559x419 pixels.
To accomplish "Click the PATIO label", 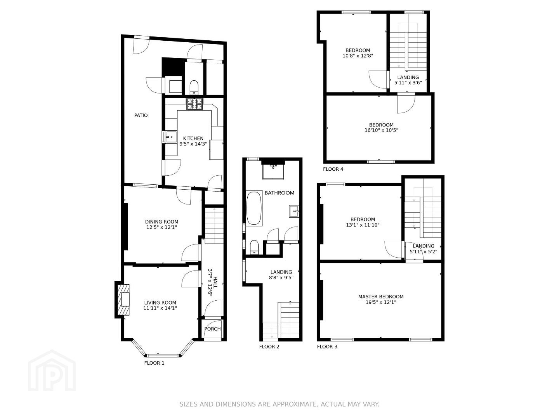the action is click(141, 116).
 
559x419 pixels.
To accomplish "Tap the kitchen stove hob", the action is click(195, 104).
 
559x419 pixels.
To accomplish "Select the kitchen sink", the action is click(171, 137).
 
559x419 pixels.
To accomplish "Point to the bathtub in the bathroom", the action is click(254, 208).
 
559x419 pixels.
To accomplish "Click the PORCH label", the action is click(212, 329).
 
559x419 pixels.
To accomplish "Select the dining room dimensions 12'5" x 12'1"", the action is click(161, 227).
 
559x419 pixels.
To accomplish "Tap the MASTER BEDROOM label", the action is click(381, 297).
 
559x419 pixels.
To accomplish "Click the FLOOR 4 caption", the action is click(333, 169).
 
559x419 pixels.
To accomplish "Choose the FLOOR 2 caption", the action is click(269, 347).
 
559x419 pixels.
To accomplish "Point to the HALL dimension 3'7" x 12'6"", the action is click(210, 282).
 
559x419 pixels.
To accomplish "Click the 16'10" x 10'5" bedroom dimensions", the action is click(381, 130).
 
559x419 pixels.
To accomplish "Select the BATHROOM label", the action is click(279, 193).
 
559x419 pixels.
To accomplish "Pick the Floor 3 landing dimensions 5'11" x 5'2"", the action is click(423, 252).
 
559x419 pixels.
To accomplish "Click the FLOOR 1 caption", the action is click(155, 363).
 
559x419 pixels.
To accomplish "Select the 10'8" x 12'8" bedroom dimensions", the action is click(358, 56).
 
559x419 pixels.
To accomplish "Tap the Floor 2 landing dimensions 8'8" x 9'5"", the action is click(281, 277).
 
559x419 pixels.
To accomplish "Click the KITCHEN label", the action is click(193, 139).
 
